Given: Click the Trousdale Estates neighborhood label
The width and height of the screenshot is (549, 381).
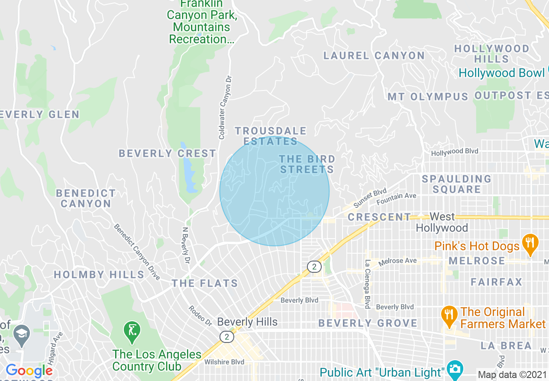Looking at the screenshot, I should pos(271,136).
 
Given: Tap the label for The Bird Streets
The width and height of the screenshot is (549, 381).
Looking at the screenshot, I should pos(307,164).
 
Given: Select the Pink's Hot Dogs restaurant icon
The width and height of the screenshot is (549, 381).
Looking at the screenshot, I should pos(530,245).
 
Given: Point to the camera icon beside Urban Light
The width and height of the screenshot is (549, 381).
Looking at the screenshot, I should pos(455,369).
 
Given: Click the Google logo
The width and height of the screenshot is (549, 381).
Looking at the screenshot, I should pos(29,371).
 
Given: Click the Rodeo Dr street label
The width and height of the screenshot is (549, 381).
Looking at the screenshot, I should pos(200,316).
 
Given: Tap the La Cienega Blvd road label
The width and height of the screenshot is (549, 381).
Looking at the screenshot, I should pos(367,284).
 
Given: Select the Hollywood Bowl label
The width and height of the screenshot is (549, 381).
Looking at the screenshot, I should pos(501,73).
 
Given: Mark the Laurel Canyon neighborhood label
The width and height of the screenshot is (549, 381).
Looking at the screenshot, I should pos(375,55).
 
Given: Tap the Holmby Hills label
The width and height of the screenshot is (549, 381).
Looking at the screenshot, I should pos(99,274).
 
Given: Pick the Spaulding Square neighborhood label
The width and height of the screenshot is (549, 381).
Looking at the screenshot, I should pos(457,184).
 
